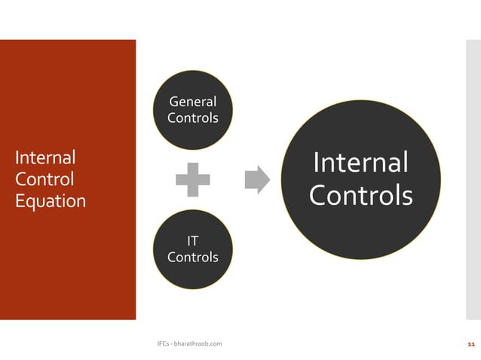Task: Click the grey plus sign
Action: (x=193, y=180)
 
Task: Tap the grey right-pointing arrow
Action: (x=257, y=180)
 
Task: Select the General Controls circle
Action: (x=192, y=110)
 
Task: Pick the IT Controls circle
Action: (x=192, y=249)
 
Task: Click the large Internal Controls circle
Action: (x=360, y=180)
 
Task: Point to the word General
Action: (x=192, y=102)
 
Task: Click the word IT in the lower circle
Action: (x=192, y=241)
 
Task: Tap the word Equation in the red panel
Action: (x=51, y=201)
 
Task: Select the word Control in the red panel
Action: (x=44, y=179)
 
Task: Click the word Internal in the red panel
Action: (x=45, y=157)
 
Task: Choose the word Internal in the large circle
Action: (x=360, y=162)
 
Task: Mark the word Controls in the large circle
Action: (x=360, y=196)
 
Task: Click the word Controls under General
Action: (x=192, y=118)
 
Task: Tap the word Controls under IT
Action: (x=192, y=258)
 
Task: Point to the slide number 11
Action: (x=471, y=344)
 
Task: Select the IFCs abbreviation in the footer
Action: (x=162, y=344)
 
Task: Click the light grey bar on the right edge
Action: (x=473, y=180)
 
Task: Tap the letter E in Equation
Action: (x=20, y=201)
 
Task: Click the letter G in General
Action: (x=173, y=102)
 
